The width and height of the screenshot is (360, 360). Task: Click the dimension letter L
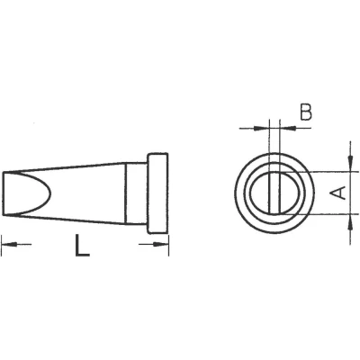click(82, 246)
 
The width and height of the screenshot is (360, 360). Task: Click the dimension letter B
click(306, 112)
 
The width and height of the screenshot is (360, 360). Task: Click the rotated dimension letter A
click(337, 193)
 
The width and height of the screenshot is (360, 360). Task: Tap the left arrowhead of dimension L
click(9, 245)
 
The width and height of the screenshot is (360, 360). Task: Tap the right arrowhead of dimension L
click(161, 245)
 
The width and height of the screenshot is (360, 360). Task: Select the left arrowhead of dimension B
click(261, 129)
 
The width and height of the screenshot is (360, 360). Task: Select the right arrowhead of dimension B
click(287, 129)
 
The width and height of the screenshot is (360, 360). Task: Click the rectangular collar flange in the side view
click(157, 193)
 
